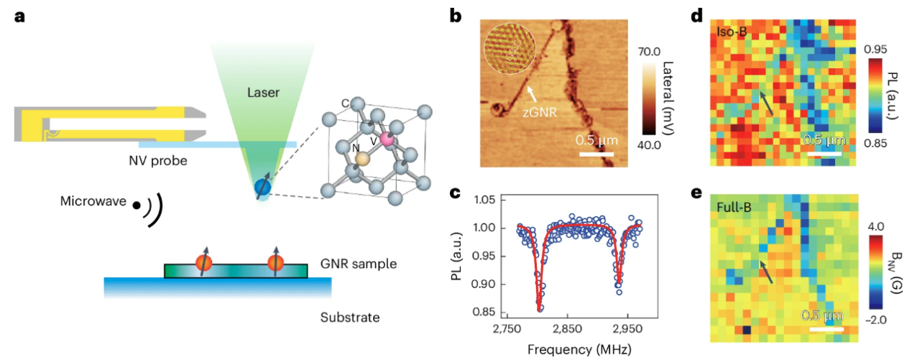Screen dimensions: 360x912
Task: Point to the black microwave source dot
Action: [136, 205]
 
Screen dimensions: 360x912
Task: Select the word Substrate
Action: [351, 317]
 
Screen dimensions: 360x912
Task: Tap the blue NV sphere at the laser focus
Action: [263, 188]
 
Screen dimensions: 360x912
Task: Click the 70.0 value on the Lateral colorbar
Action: [652, 52]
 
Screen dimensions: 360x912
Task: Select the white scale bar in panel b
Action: [597, 153]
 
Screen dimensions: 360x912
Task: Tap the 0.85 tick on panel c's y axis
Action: [486, 312]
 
